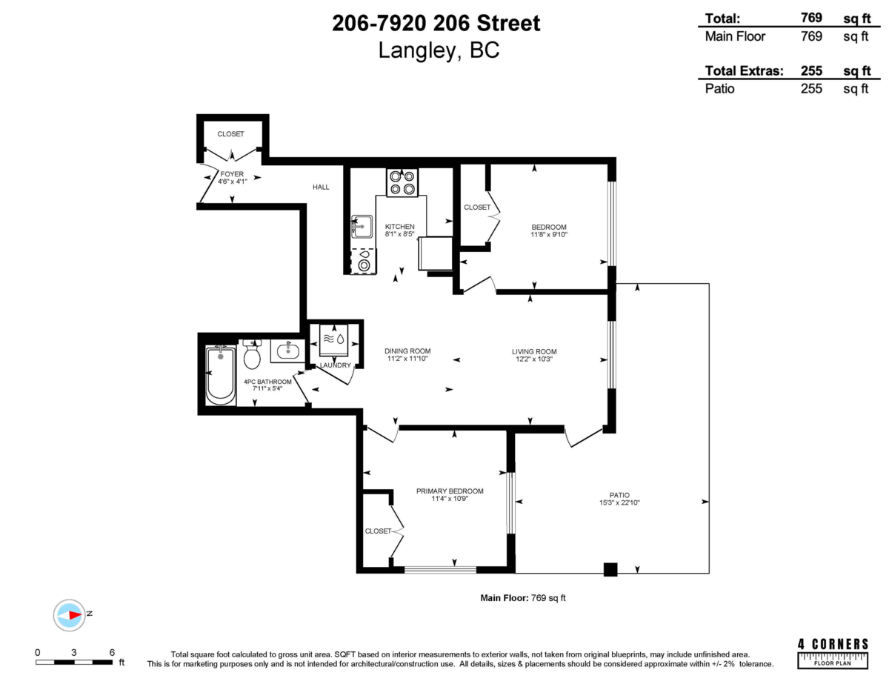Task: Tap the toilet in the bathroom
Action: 252,356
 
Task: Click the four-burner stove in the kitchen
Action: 402,183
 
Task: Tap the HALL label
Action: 321,187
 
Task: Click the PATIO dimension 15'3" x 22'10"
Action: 619,503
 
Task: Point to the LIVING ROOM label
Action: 533,351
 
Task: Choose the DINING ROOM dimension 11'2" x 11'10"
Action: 407,359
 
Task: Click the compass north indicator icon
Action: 71,614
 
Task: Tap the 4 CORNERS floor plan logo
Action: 833,652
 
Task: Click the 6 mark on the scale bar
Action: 112,652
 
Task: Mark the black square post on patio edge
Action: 610,569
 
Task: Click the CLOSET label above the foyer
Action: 230,134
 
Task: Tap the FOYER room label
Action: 232,174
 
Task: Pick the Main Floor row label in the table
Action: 735,36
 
